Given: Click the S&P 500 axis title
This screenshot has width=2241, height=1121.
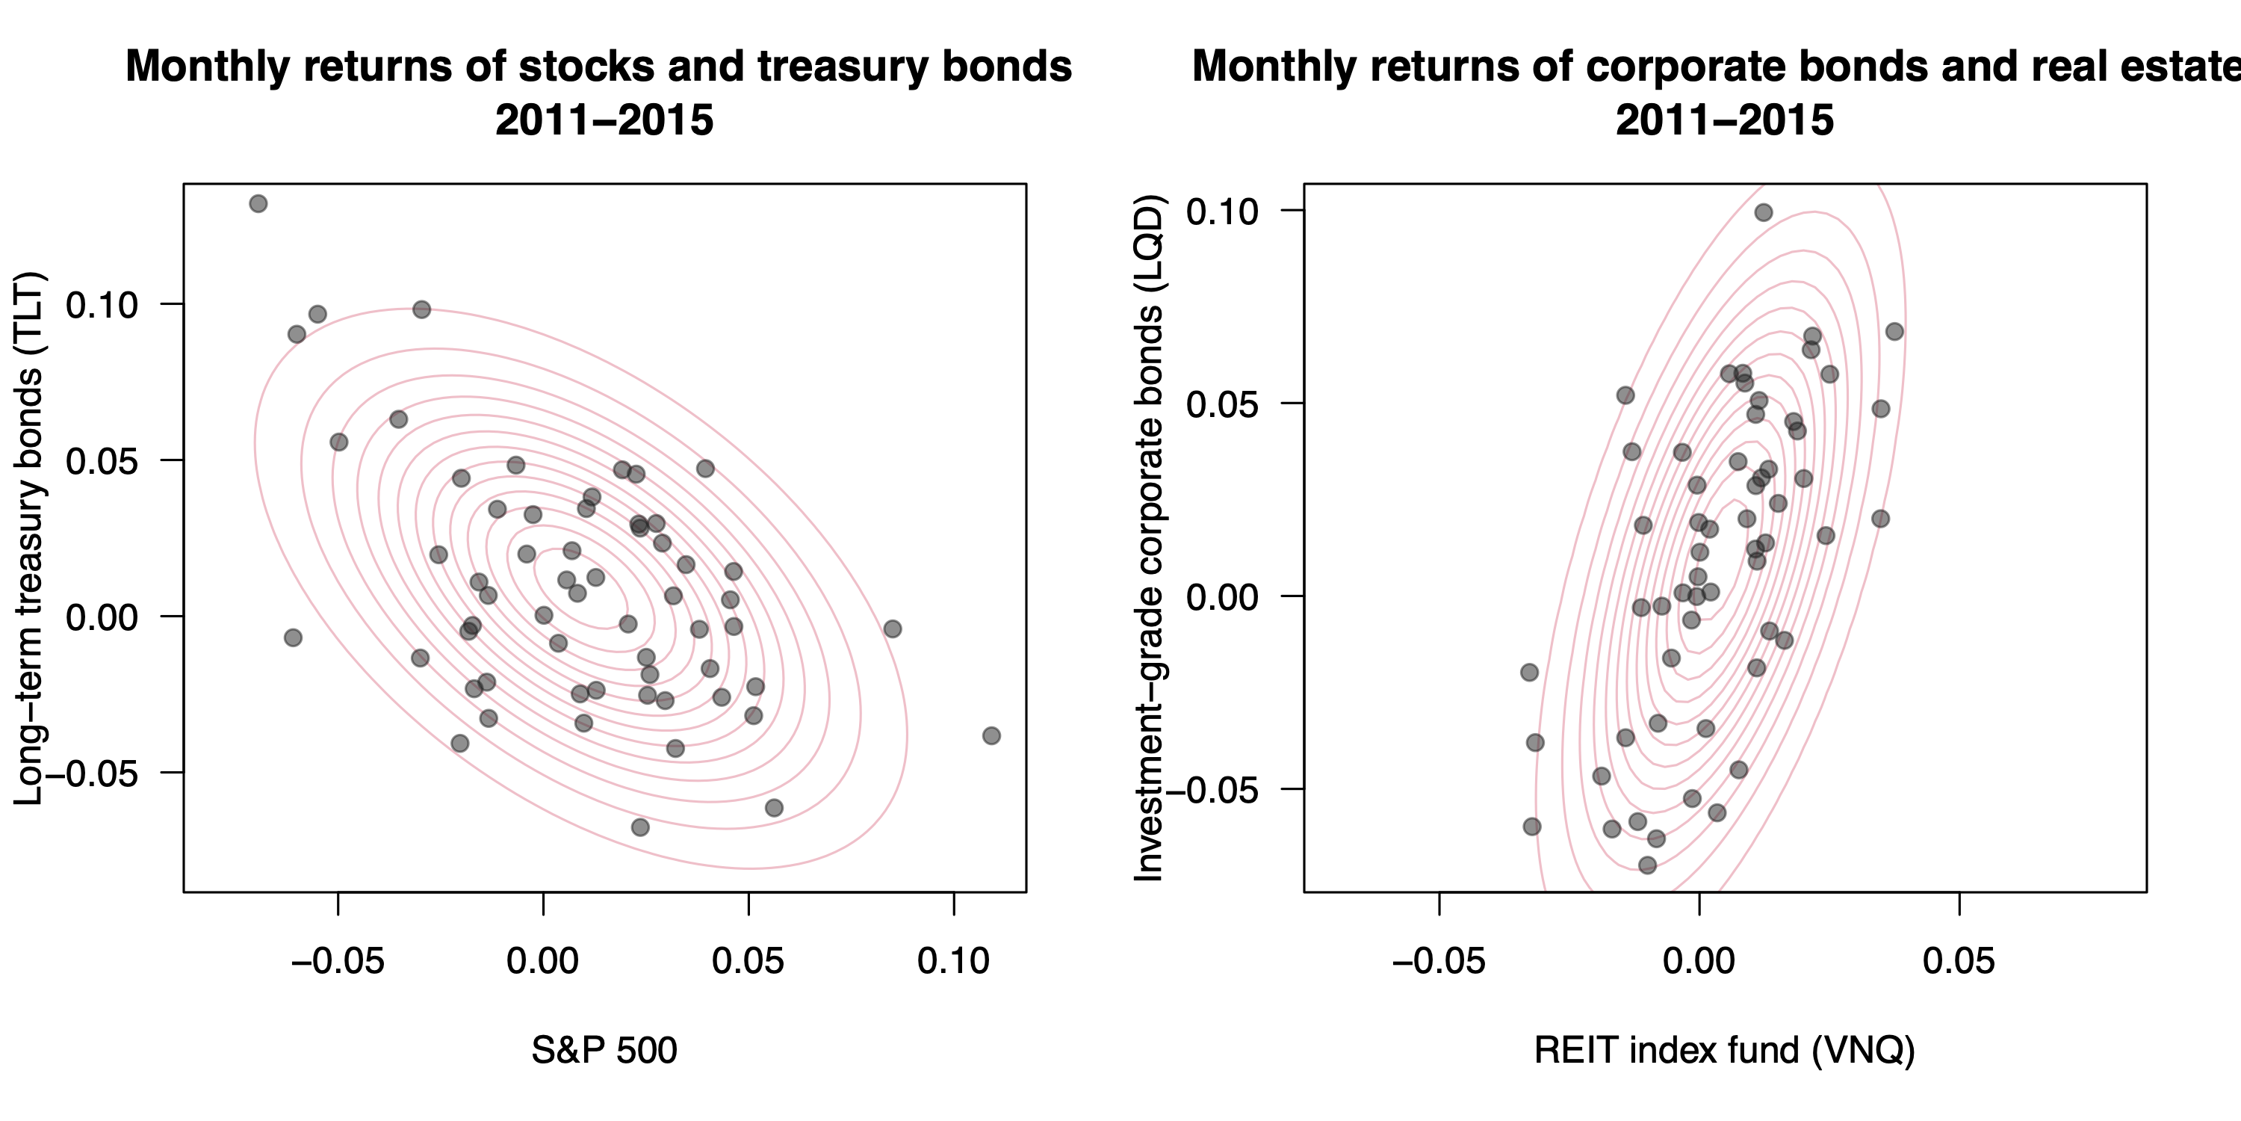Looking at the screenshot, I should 604,1050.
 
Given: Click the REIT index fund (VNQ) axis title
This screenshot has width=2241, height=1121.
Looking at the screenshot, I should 1724,1050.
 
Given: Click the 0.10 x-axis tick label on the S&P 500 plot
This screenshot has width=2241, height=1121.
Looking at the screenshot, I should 953,961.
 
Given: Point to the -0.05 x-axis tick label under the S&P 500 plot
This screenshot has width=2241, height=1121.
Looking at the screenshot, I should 338,961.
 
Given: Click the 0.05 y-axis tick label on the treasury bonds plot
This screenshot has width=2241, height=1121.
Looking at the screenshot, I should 102,460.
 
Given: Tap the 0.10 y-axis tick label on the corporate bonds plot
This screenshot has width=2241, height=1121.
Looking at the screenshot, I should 1222,211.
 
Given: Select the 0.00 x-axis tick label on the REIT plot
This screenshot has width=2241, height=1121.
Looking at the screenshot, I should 1698,961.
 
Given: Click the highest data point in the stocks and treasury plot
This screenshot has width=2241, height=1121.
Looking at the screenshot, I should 258,204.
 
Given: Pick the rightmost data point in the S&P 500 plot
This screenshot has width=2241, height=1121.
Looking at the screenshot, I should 991,735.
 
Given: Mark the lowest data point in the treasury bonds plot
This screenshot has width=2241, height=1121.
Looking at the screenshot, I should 640,827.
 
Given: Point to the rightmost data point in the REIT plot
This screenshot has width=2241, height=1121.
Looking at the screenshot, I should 1894,332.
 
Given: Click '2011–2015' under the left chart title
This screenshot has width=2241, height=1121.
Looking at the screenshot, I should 604,120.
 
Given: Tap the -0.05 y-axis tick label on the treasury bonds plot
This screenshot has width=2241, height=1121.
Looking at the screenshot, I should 91,773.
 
